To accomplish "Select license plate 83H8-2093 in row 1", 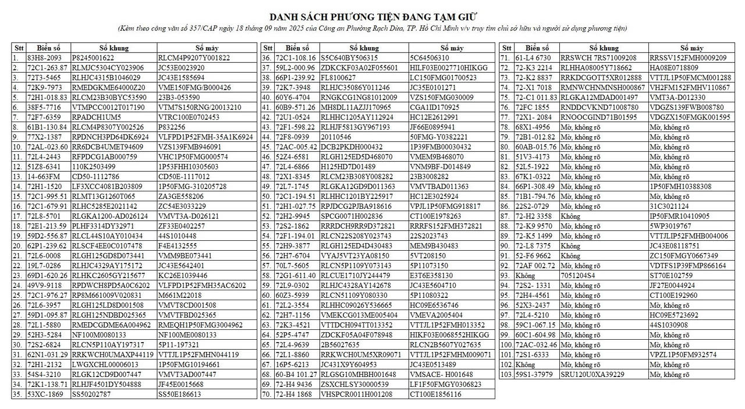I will [x=44, y=58].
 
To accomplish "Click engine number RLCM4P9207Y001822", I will [x=194, y=58].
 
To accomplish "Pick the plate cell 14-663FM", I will [x=44, y=176].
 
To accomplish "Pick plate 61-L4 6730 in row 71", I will [x=533, y=58].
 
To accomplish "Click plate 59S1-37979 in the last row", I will [x=535, y=374].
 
